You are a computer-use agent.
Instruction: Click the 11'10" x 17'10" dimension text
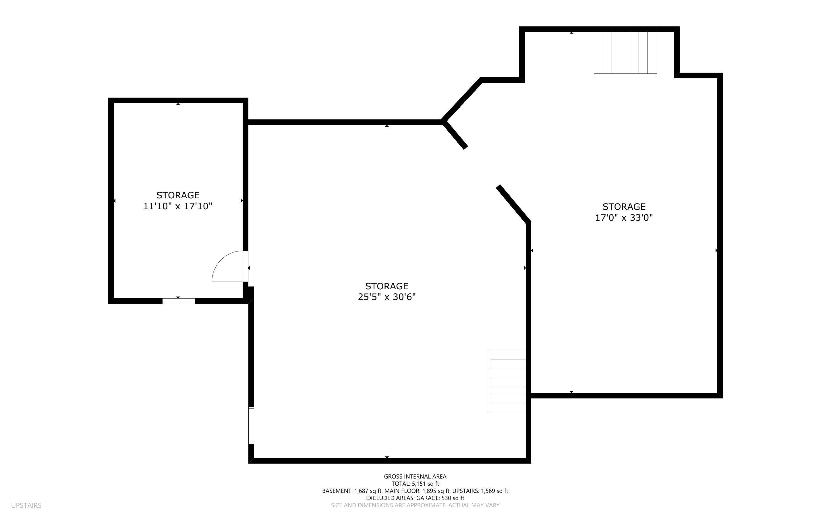click(177, 206)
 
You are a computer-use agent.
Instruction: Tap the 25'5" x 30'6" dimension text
click(386, 297)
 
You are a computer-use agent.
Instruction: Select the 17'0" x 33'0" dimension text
click(624, 218)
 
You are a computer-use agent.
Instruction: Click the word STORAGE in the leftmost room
click(178, 195)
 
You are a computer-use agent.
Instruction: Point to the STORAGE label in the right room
click(624, 207)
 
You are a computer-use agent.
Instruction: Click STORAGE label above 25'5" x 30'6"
click(386, 286)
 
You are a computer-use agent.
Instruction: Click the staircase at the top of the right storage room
click(625, 54)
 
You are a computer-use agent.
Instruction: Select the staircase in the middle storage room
click(506, 381)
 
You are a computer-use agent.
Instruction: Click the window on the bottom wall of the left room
click(179, 301)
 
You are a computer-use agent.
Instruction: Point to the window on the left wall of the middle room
click(251, 425)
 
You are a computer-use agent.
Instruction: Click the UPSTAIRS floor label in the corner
click(26, 505)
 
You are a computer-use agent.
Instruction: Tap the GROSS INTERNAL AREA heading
click(415, 477)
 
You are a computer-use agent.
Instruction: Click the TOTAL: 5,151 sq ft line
click(415, 484)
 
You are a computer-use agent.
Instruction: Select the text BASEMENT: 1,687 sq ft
click(352, 491)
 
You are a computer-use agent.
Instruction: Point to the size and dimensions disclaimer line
click(415, 505)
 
